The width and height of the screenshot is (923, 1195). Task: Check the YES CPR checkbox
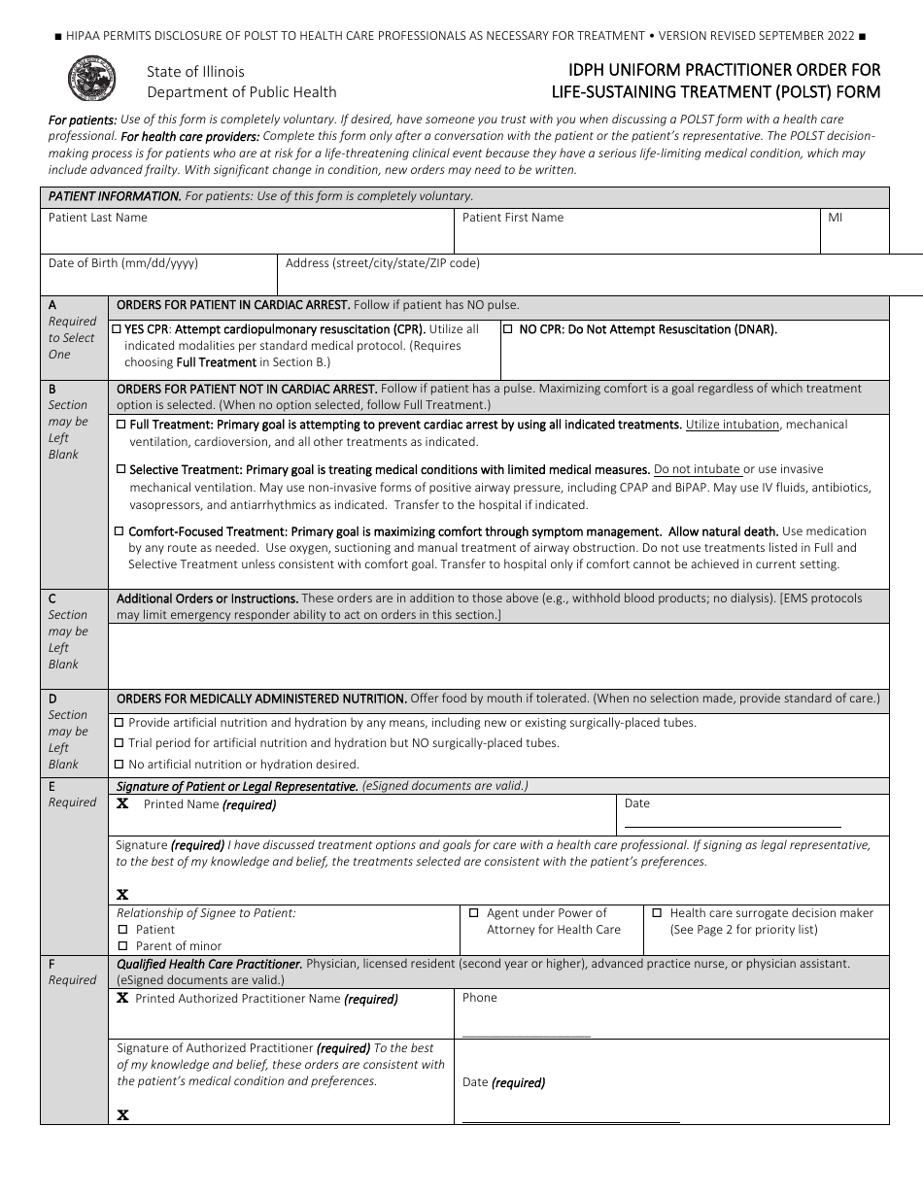(118, 329)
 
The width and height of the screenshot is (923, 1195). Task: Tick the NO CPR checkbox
(508, 329)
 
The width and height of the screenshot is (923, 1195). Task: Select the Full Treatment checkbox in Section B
(120, 425)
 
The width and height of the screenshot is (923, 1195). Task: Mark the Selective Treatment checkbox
(120, 469)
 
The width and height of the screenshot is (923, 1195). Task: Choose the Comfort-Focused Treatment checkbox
(120, 531)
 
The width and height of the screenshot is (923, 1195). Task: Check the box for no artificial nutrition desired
(120, 765)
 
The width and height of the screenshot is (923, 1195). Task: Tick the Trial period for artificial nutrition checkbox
(120, 743)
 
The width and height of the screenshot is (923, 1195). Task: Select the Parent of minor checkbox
(123, 946)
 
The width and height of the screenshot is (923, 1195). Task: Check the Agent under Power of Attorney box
(474, 913)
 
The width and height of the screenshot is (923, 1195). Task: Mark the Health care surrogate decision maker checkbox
(657, 913)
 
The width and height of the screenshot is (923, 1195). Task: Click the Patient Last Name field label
(98, 218)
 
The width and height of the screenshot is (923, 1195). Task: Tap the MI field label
(836, 218)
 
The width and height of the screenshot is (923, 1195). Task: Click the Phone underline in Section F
(527, 1037)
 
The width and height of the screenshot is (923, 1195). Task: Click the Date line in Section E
(733, 827)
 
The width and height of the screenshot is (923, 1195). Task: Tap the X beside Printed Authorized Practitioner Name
(123, 998)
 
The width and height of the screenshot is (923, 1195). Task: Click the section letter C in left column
(52, 598)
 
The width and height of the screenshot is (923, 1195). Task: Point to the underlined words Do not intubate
(698, 469)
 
